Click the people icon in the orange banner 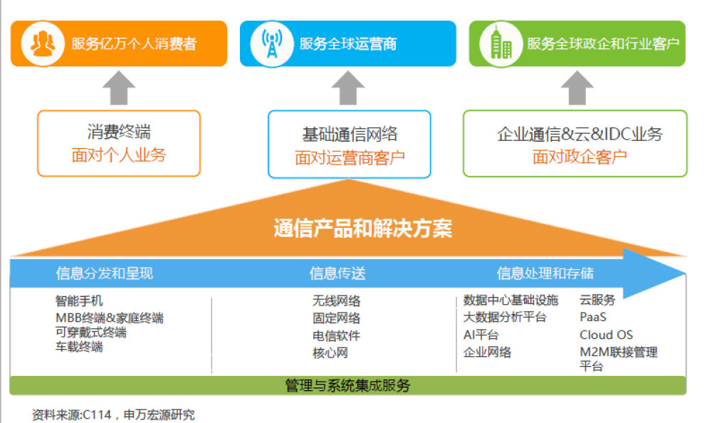click(x=43, y=43)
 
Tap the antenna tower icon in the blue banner click(x=271, y=43)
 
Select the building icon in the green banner click(x=501, y=43)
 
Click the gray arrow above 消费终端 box click(x=119, y=88)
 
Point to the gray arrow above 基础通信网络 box click(x=348, y=88)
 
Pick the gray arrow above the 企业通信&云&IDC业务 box click(x=577, y=88)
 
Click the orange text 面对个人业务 click(x=119, y=155)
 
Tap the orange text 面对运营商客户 click(x=350, y=158)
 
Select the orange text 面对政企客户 click(x=580, y=157)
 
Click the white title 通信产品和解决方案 click(x=363, y=228)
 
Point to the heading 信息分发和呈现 click(x=105, y=273)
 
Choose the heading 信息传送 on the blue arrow click(x=337, y=273)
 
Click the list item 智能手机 click(x=79, y=301)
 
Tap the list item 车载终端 click(x=79, y=347)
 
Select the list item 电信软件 click(x=336, y=335)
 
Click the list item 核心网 click(x=330, y=353)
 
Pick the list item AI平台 click(x=481, y=335)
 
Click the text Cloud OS click(x=606, y=335)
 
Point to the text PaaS click(x=593, y=317)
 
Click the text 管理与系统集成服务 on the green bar click(x=348, y=386)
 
